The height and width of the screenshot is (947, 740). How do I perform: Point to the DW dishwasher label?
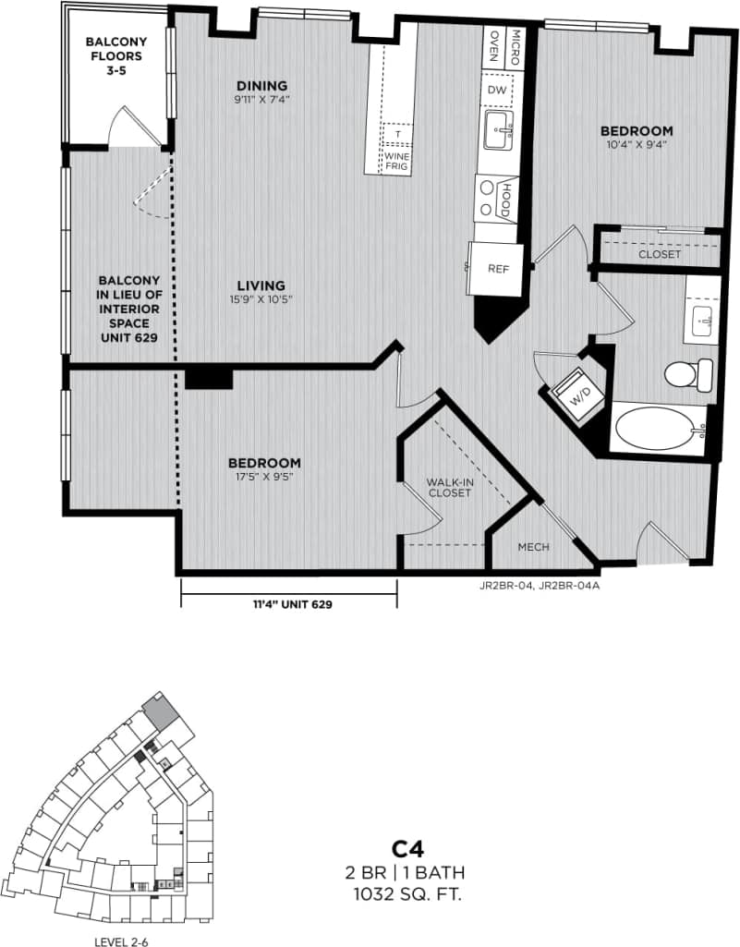pos(497,90)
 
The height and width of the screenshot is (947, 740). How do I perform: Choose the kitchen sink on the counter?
pos(499,130)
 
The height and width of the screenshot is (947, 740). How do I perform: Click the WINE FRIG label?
pos(398,162)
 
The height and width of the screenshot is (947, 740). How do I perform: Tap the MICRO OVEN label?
pos(505,43)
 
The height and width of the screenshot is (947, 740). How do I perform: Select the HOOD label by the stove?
pos(505,199)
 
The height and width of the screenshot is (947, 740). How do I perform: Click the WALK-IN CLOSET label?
pos(449,488)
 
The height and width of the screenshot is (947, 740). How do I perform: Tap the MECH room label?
pos(533,547)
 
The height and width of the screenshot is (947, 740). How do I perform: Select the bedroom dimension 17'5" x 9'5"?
pos(265,477)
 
